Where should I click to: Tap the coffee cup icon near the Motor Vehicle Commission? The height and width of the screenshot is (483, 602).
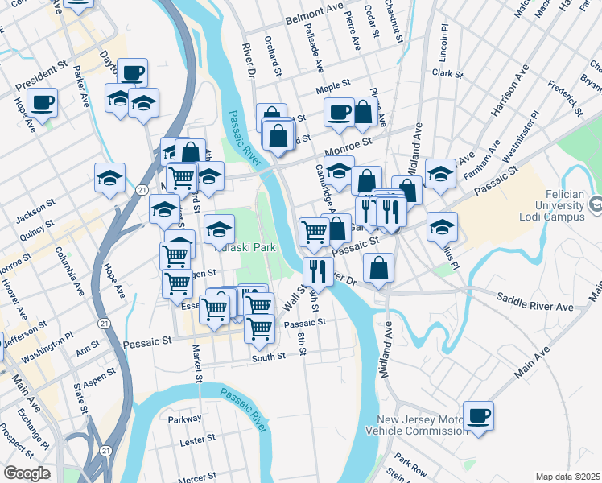point(478,415)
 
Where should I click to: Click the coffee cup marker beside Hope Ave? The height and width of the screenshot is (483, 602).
point(42,102)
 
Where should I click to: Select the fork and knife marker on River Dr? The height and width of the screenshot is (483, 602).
point(319,271)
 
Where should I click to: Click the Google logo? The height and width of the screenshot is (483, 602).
point(27,473)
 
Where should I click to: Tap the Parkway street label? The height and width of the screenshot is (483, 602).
point(184,419)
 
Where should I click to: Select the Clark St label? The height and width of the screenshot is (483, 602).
point(447,73)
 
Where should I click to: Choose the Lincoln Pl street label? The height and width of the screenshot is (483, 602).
point(443,48)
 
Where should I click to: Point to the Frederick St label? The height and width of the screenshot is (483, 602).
point(563,95)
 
